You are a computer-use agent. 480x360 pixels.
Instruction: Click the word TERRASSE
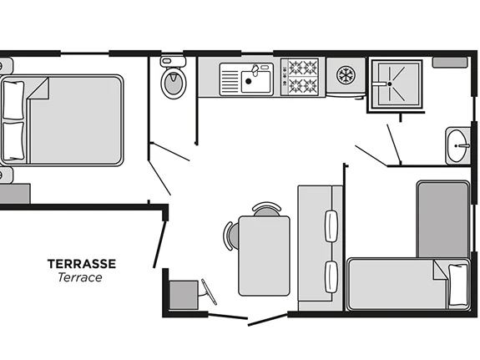click(82, 264)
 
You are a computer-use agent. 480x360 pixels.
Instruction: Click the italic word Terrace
click(80, 277)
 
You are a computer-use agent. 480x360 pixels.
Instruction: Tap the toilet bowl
click(174, 83)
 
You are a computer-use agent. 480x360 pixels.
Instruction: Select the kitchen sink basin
click(256, 82)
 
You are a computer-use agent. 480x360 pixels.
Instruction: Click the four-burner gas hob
click(303, 76)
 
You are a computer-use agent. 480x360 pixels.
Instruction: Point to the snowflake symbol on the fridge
click(346, 75)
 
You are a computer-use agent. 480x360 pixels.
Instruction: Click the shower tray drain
click(389, 84)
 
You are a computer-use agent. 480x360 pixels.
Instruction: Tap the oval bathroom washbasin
click(457, 146)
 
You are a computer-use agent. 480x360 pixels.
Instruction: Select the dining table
click(264, 256)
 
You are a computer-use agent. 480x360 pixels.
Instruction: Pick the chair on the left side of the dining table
click(231, 236)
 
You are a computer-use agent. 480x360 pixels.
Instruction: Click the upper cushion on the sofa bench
click(331, 226)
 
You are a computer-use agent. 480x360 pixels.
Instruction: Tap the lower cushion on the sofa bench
click(331, 277)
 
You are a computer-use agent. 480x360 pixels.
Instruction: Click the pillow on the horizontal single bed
click(458, 285)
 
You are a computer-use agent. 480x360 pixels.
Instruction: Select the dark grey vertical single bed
click(443, 220)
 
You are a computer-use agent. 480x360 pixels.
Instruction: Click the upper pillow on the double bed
click(13, 100)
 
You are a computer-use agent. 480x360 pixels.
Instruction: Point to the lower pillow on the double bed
click(13, 141)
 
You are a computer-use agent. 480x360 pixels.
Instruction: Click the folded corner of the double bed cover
click(38, 89)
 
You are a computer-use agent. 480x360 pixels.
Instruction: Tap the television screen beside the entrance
click(209, 292)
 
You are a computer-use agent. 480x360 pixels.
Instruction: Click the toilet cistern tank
click(173, 62)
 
